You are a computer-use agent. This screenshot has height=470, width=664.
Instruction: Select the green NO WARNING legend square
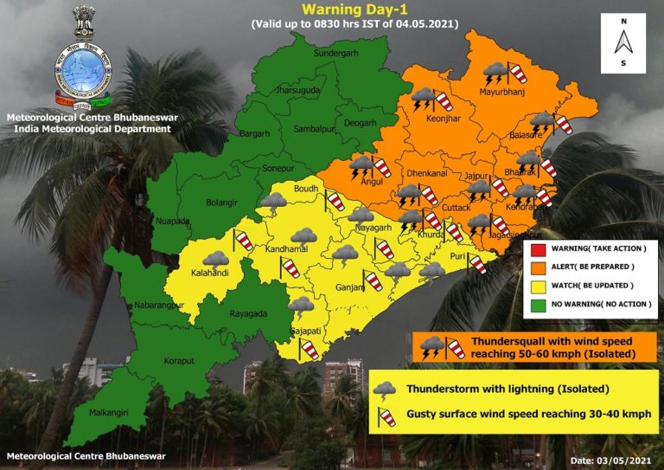[538, 303]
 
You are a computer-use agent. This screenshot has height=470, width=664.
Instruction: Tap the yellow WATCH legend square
[538, 285]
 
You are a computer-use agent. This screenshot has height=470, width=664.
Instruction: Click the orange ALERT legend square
[538, 267]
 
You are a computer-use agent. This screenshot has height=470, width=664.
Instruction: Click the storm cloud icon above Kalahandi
[214, 258]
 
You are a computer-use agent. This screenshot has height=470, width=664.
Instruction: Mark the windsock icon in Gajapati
[309, 351]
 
